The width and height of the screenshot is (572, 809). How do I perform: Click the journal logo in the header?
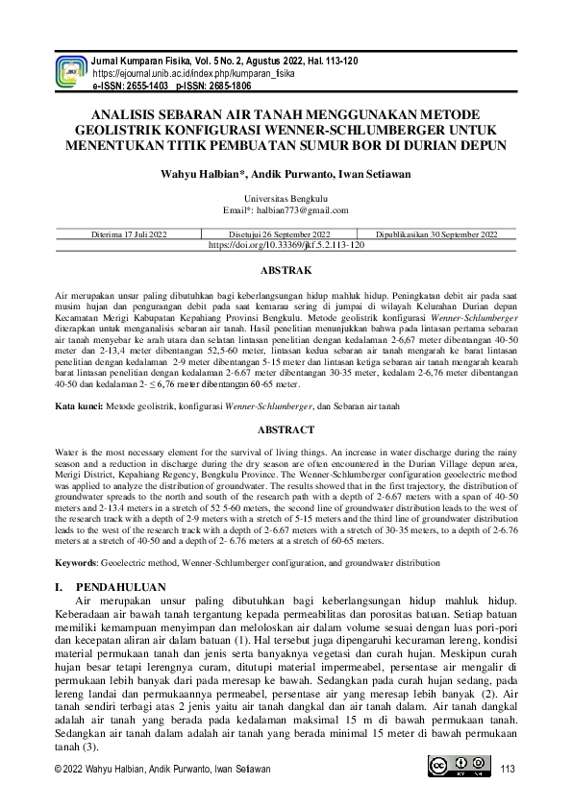click(71, 71)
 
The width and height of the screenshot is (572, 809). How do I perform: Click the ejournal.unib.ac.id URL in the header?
click(193, 73)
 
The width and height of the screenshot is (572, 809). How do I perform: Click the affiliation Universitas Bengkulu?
click(286, 198)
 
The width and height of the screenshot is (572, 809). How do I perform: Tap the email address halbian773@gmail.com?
click(300, 209)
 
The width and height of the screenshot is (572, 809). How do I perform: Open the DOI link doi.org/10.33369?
click(286, 245)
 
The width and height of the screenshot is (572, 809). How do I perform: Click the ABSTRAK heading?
click(286, 272)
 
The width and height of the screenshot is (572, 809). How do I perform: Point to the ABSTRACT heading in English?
click(286, 429)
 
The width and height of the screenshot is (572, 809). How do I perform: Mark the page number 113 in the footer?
click(508, 769)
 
